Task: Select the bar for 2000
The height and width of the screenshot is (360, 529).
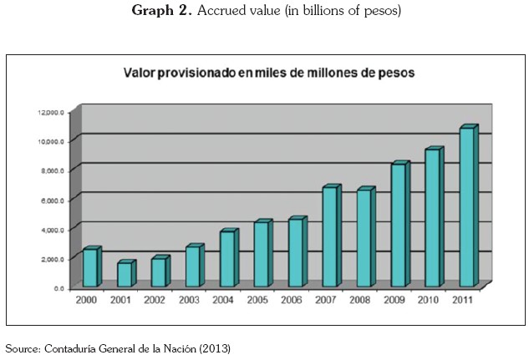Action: click(x=90, y=267)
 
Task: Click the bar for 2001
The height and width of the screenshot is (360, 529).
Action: click(x=125, y=275)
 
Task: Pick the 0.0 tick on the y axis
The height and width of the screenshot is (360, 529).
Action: click(x=58, y=288)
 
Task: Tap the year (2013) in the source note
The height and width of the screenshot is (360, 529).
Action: click(x=213, y=347)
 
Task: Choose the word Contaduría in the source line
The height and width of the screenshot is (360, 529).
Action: click(x=68, y=347)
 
